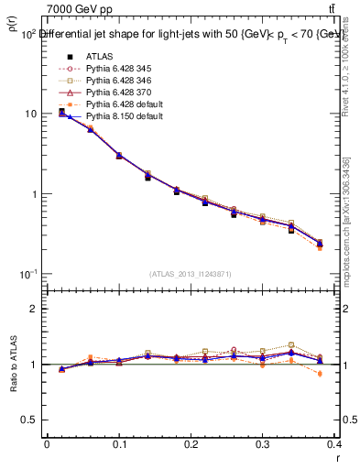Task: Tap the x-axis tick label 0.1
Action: (119, 444)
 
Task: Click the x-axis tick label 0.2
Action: (191, 444)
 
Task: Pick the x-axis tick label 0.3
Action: (264, 444)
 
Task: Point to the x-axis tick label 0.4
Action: (335, 444)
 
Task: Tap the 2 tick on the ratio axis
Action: (35, 309)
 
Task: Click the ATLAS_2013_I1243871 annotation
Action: (190, 275)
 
